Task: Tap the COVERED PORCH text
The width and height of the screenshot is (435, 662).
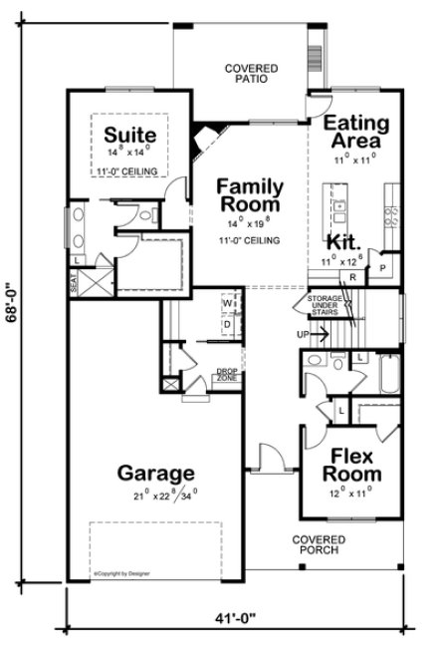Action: coord(317,543)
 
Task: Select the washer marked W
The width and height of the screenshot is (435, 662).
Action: coord(228,302)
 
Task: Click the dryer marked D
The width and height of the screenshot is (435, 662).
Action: coord(228,324)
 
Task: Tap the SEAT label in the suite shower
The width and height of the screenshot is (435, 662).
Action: coord(74,285)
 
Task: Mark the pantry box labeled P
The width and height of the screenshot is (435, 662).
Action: coord(383,268)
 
